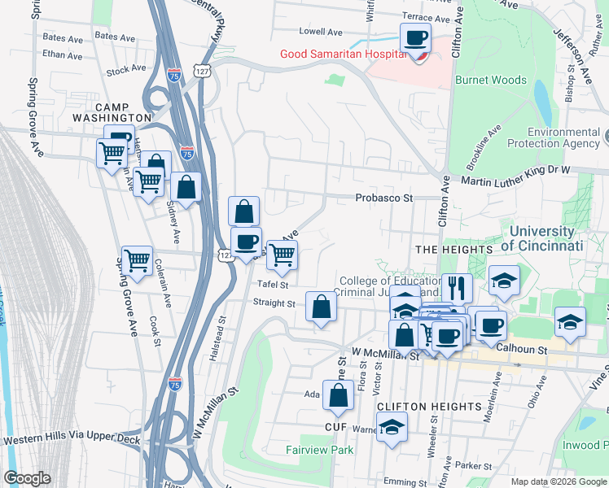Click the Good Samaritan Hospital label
(343, 54)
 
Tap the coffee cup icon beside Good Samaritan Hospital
(415, 37)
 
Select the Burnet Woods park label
(490, 81)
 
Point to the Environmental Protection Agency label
(563, 137)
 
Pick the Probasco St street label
(384, 198)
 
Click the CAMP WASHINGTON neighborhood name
(124, 112)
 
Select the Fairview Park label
(319, 450)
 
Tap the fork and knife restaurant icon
(456, 288)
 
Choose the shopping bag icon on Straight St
(322, 307)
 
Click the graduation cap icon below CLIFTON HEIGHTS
(392, 427)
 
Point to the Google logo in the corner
(27, 478)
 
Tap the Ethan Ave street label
(63, 56)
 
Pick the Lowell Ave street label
(321, 32)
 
